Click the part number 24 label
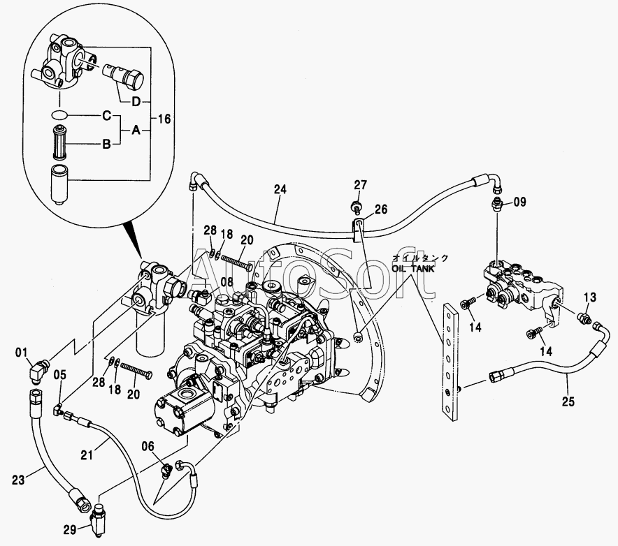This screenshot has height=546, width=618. click(280, 189)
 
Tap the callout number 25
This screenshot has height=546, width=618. click(568, 401)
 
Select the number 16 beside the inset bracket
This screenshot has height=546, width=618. click(164, 119)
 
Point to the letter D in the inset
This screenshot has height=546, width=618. click(136, 102)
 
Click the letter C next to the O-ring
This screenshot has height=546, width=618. click(106, 116)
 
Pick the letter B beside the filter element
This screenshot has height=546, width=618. click(106, 145)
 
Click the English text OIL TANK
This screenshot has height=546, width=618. click(413, 269)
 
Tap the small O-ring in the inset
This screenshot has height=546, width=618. click(59, 115)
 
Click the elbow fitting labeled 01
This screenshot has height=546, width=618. click(37, 371)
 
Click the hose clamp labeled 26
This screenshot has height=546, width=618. click(358, 230)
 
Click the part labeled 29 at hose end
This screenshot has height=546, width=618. click(98, 519)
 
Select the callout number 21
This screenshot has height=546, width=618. click(87, 455)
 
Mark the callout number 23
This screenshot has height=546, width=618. click(18, 480)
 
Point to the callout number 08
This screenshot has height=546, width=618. click(227, 282)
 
